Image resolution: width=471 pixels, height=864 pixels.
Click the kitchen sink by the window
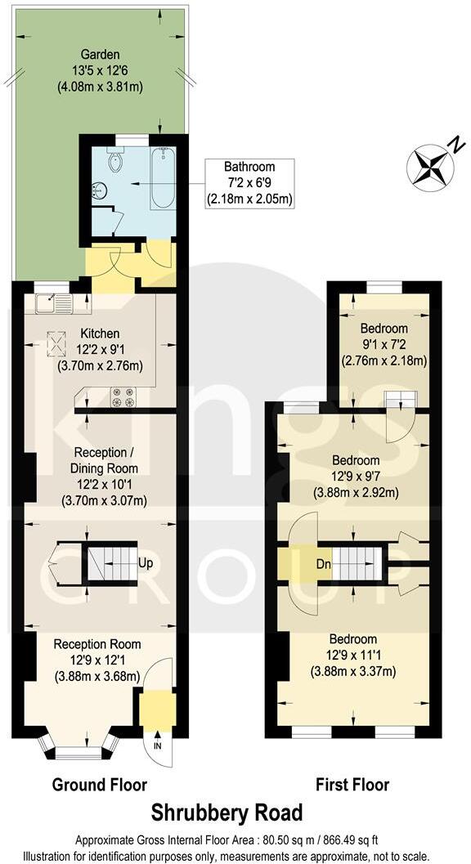[53, 304]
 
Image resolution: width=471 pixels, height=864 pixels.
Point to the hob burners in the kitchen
[123, 397]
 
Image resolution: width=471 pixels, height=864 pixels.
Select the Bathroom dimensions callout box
[249, 182]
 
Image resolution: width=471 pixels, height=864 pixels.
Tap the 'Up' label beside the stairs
[146, 563]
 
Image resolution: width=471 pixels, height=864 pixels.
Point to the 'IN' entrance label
[157, 745]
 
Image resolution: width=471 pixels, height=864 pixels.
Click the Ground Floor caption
[100, 785]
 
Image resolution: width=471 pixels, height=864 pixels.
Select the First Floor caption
[352, 785]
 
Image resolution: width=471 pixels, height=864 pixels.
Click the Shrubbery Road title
[227, 813]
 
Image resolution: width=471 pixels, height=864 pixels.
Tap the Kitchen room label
[100, 334]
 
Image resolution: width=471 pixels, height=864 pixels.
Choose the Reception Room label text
[97, 644]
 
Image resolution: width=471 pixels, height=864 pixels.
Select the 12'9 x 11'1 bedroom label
[352, 639]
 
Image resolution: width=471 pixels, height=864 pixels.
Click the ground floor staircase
[113, 563]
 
